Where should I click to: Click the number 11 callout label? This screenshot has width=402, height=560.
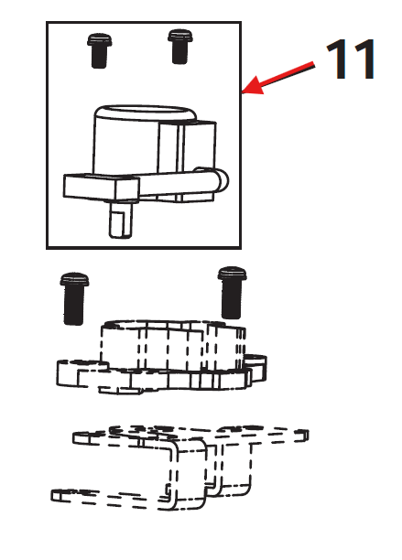[350, 59]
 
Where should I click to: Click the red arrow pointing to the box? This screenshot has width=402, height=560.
[278, 78]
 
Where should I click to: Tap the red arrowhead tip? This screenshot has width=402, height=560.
[243, 92]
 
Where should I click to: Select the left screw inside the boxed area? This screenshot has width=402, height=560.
[99, 50]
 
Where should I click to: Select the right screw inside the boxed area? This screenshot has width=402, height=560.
[180, 47]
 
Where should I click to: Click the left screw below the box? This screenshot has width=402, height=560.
[74, 298]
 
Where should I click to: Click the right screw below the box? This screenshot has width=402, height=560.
[233, 293]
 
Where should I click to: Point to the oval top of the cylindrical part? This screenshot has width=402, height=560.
[145, 113]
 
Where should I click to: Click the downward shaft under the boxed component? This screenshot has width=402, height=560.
[120, 220]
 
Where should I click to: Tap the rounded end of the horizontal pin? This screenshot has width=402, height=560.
[221, 179]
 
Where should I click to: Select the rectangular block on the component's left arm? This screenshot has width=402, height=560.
[101, 188]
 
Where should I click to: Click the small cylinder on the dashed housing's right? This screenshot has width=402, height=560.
[255, 367]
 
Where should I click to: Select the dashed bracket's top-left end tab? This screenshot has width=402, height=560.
[84, 438]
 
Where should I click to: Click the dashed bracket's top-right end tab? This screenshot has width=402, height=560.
[300, 436]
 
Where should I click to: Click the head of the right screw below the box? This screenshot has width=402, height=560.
[233, 274]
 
